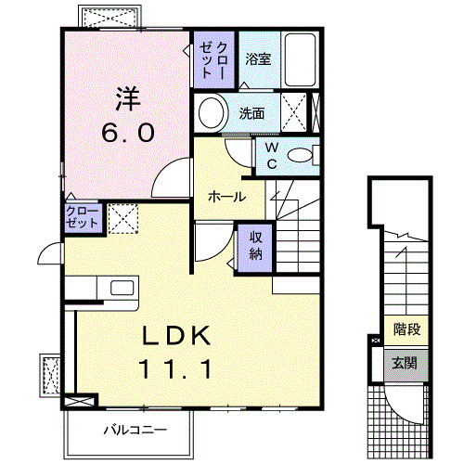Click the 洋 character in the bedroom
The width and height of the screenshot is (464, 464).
(x=128, y=98)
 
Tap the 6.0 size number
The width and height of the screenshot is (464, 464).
(x=128, y=133)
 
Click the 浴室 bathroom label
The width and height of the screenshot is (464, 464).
(x=258, y=58)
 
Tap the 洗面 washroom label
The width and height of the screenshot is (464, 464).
(x=251, y=114)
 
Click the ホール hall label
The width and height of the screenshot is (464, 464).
(x=226, y=197)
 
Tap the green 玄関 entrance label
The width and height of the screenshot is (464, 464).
(x=406, y=362)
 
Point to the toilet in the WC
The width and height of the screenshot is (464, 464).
(x=301, y=156)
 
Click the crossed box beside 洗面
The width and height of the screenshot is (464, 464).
(x=297, y=114)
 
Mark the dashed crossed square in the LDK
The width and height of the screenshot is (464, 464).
(x=122, y=219)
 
